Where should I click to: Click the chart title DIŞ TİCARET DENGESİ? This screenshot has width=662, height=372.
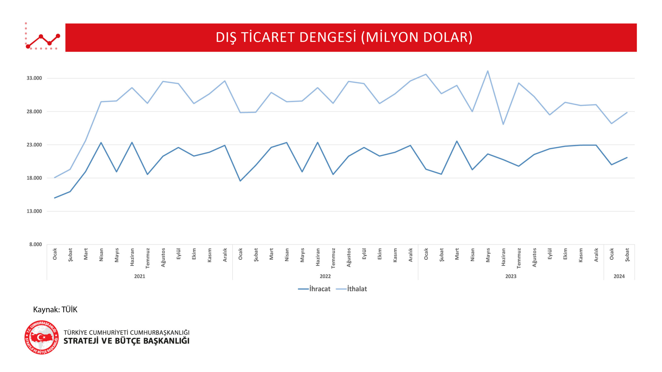coord(344,37)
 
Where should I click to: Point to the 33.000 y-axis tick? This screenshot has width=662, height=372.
coord(34,78)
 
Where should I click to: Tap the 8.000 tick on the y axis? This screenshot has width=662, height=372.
coord(35,244)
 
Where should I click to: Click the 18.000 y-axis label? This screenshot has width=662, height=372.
coord(34,178)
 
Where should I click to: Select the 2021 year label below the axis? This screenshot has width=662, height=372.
coord(140,276)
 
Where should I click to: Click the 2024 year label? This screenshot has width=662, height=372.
coord(619,276)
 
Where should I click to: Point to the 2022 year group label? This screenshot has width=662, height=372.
coord(325,276)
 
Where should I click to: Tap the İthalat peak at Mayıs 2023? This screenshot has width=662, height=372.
coord(488,71)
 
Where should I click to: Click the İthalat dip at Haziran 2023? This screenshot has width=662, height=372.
coord(503,124)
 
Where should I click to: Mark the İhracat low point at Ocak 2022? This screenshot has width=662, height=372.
coord(240,181)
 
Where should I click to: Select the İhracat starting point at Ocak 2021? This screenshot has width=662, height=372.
coord(55,198)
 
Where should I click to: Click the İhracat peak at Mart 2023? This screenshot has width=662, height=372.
coord(457,141)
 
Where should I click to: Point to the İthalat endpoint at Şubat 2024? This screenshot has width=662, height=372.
coord(627,113)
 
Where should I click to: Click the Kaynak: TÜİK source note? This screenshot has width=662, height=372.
coord(55,310)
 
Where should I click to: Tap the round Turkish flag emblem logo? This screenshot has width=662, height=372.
coord(42,337)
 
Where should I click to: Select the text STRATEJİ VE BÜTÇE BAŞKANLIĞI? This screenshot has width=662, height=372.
coord(126,341)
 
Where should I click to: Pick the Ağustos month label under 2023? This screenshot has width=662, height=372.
coord(534,257)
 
